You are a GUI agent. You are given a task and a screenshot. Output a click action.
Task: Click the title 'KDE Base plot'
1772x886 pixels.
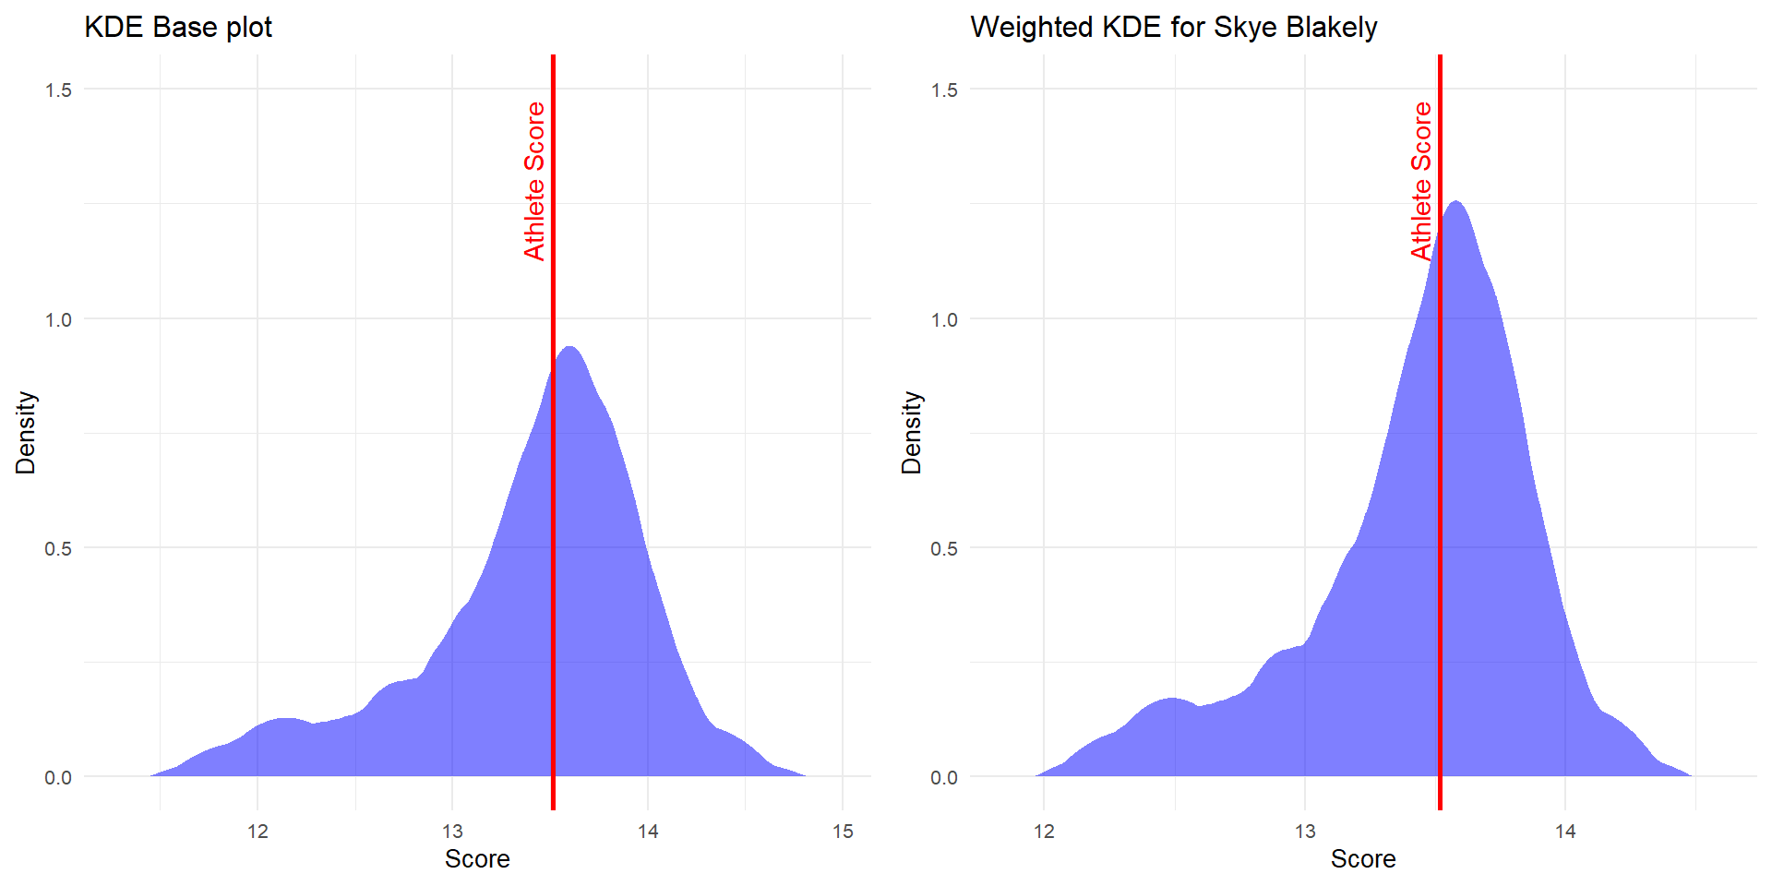pos(178,28)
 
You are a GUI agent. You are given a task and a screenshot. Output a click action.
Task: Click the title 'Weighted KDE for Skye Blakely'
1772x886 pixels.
pos(1173,28)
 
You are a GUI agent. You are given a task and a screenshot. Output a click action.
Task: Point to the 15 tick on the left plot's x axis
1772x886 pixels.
pos(843,832)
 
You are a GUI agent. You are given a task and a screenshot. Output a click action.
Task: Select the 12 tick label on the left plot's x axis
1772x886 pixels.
pos(257,832)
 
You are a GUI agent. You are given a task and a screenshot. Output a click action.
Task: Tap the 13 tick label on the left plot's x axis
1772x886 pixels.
pos(452,832)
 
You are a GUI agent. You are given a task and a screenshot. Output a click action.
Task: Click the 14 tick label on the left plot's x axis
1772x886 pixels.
pos(648,832)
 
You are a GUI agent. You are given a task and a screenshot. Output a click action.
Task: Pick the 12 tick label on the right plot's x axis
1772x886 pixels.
pos(1044,832)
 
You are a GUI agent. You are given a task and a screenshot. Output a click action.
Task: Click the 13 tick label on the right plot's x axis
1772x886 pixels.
pos(1305,832)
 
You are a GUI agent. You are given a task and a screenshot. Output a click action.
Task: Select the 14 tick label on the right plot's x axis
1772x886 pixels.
pos(1565,832)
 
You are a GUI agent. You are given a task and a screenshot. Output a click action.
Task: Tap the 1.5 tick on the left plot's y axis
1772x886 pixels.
pos(58,90)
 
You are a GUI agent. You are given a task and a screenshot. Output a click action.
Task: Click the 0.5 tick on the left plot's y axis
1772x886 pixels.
pos(58,548)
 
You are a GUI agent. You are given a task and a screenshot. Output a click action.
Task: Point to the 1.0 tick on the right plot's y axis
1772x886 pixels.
pos(944,319)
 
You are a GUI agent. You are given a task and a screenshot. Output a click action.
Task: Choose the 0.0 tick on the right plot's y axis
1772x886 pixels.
pos(944,777)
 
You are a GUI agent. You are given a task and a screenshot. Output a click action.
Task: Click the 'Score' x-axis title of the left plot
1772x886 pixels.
pos(477,859)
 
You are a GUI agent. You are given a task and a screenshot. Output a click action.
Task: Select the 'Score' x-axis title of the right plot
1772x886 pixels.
pos(1363,859)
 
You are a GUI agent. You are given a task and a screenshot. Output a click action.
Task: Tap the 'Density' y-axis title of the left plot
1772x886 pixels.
pos(26,433)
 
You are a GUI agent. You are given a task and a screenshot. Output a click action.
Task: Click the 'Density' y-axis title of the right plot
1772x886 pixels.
pos(912,433)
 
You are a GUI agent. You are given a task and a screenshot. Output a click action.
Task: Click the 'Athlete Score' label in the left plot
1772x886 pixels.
pos(534,181)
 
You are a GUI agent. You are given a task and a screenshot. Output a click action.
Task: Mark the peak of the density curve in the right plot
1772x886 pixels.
pos(1456,201)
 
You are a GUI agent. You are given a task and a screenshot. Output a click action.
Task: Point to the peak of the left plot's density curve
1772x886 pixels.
pos(569,347)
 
